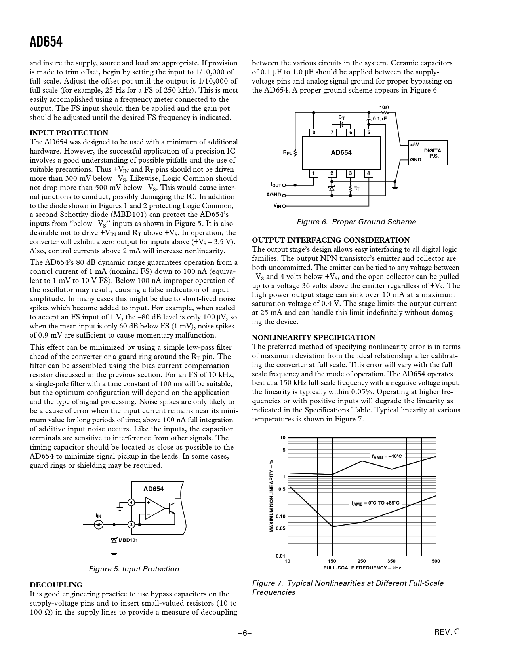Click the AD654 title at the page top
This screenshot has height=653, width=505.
46,42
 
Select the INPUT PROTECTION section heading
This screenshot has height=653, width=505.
69,133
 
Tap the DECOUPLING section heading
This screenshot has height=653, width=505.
56,585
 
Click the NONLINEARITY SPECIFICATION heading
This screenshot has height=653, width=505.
313,338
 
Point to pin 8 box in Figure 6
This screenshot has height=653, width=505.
313,133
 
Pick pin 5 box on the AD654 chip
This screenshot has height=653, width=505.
368,133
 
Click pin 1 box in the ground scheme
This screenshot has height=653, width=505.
313,173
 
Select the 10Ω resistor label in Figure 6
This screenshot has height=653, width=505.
384,108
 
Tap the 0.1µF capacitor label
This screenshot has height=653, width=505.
379,118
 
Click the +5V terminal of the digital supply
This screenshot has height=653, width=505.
415,145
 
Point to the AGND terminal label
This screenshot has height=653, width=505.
273,195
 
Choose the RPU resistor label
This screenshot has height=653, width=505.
288,152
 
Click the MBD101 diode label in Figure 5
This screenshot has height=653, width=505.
128,540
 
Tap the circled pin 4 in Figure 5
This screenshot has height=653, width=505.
131,503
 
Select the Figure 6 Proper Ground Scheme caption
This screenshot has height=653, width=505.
356,222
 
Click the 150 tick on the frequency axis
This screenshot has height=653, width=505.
332,561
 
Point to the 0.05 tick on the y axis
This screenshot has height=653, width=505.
280,528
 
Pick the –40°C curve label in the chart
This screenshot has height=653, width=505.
387,456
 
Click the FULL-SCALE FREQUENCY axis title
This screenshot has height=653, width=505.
362,568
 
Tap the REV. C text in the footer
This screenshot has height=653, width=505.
447,632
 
